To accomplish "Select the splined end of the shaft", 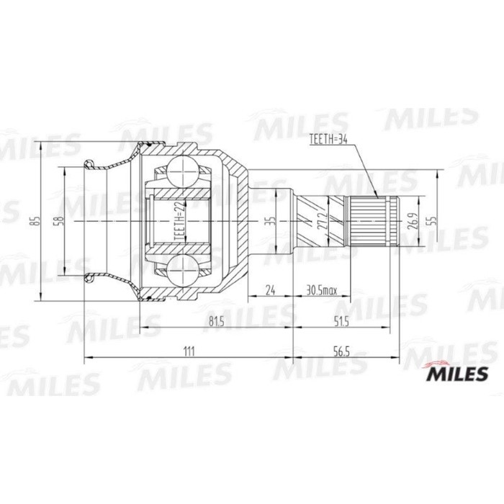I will (373, 220).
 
